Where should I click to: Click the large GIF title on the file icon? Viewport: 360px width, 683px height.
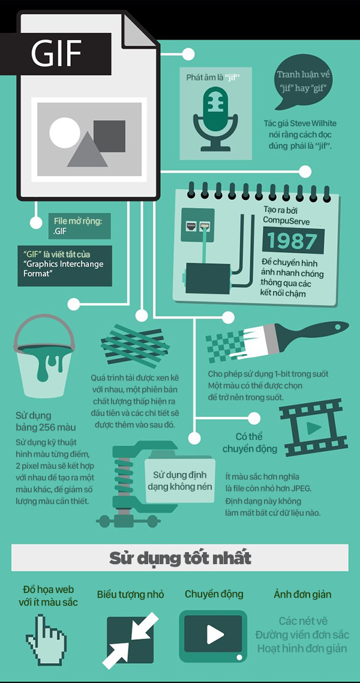point(56,53)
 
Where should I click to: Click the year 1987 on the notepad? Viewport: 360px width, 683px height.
point(293,241)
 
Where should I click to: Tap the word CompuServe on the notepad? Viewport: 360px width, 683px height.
point(286,221)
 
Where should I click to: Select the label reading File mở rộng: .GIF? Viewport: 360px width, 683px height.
point(79,226)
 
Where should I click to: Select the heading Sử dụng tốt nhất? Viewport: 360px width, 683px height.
point(180,558)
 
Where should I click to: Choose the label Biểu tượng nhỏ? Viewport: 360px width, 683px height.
point(131,594)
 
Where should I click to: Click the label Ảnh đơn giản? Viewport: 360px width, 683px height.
point(302,594)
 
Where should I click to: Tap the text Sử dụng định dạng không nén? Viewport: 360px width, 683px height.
point(180,481)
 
